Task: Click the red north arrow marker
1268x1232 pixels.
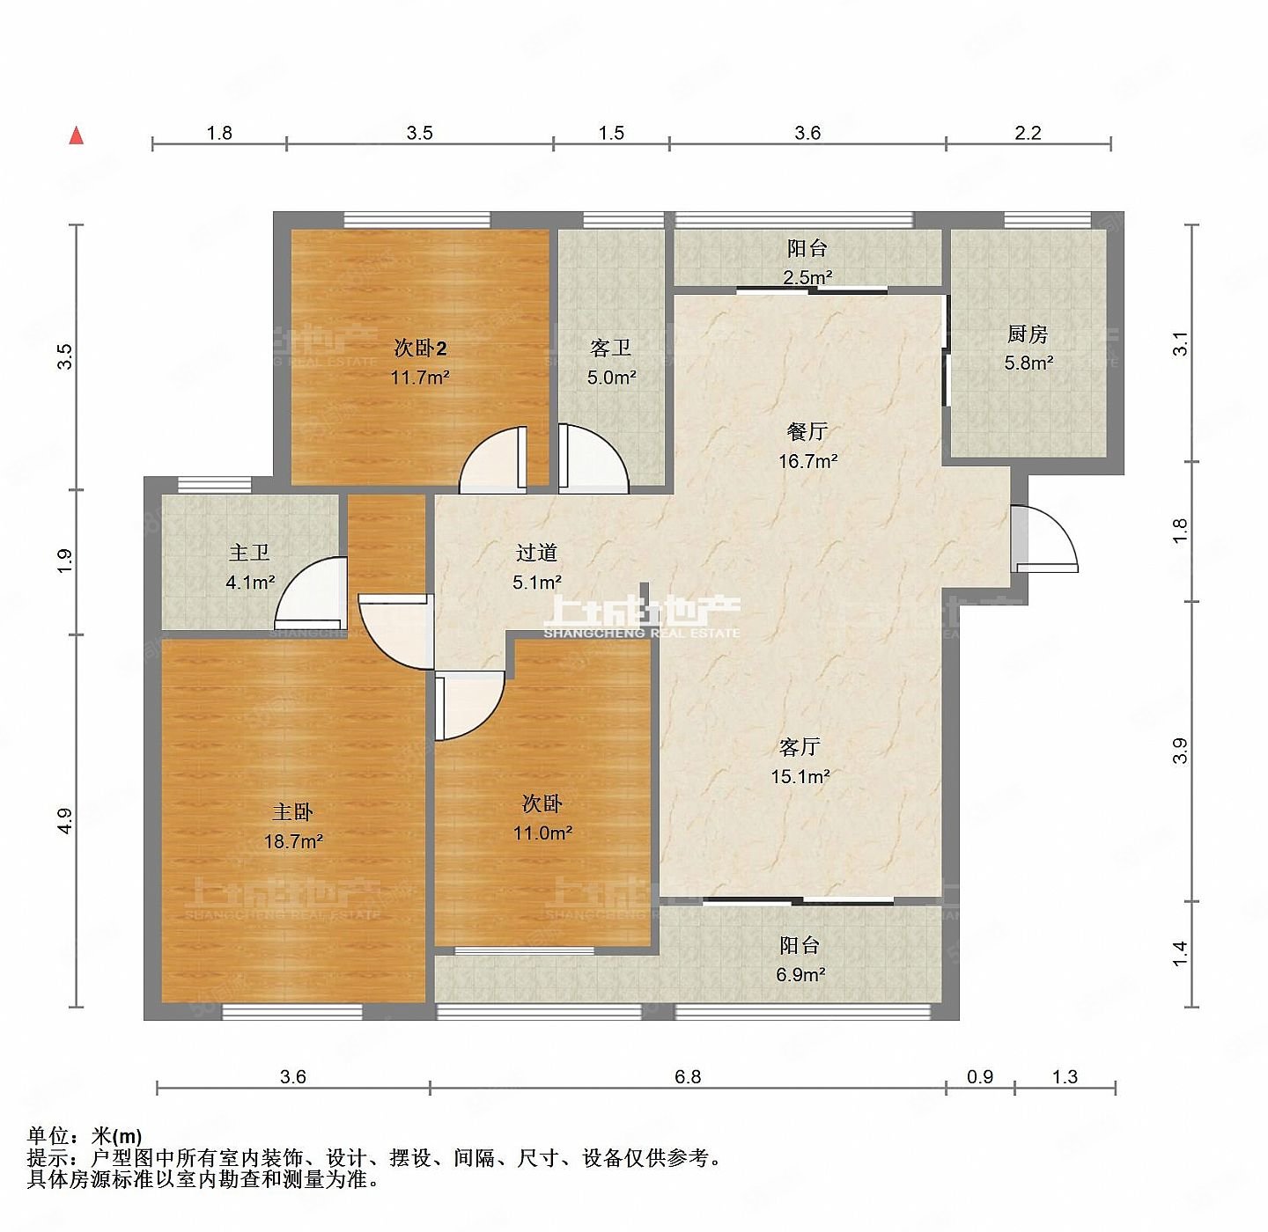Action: [x=77, y=136]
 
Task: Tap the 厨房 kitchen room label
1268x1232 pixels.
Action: [x=1027, y=334]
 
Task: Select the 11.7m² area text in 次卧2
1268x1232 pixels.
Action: [x=420, y=378]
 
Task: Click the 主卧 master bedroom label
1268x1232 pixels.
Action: [x=292, y=811]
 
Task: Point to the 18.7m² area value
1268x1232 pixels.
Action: [x=293, y=841]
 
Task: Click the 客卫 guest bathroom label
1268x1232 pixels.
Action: [x=610, y=348]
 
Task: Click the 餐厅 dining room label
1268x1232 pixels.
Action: [x=807, y=431]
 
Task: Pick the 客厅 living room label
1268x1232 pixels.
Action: [x=800, y=747]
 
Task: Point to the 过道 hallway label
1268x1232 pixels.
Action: [x=536, y=553]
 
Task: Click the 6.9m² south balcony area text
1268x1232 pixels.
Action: [x=800, y=974]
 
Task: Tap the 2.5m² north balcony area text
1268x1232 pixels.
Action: [x=807, y=277]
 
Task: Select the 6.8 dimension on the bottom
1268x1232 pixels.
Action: [x=687, y=1077]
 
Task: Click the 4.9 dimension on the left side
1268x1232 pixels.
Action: [x=64, y=820]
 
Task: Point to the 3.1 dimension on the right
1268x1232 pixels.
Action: [x=1180, y=343]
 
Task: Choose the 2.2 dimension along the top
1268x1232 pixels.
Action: [x=1028, y=133]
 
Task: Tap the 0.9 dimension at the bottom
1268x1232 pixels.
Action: [x=979, y=1077]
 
